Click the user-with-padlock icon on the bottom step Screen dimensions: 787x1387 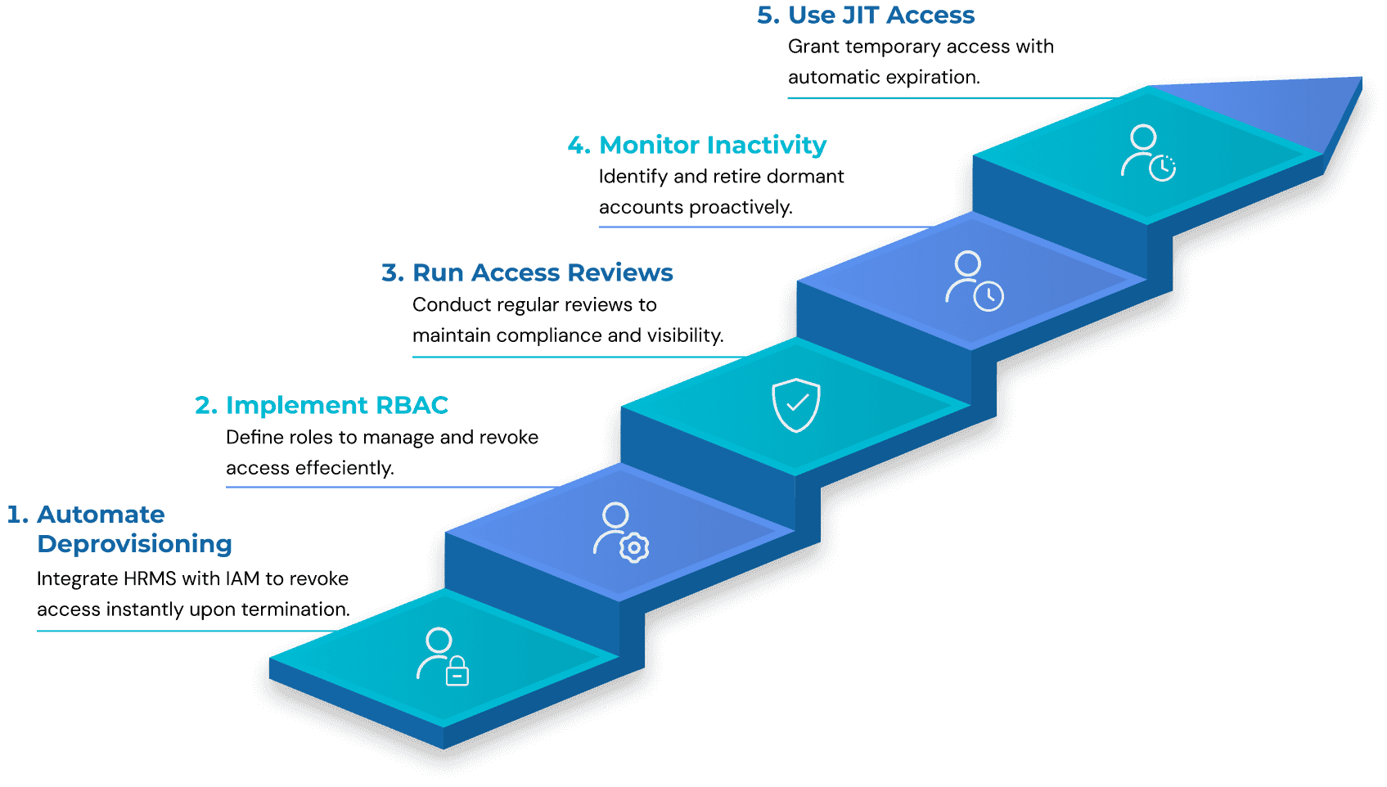click(443, 656)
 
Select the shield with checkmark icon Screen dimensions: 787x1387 click(795, 405)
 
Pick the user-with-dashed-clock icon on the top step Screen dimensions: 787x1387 click(1147, 153)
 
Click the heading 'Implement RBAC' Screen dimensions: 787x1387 click(336, 405)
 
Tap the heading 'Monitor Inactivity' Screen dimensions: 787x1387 click(712, 145)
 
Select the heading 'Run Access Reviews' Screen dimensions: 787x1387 click(542, 272)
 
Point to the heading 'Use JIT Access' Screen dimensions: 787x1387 click(880, 15)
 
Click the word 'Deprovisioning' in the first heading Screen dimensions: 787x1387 click(135, 544)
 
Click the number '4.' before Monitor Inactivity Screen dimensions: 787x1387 click(578, 145)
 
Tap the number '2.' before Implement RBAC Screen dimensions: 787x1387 click(205, 405)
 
